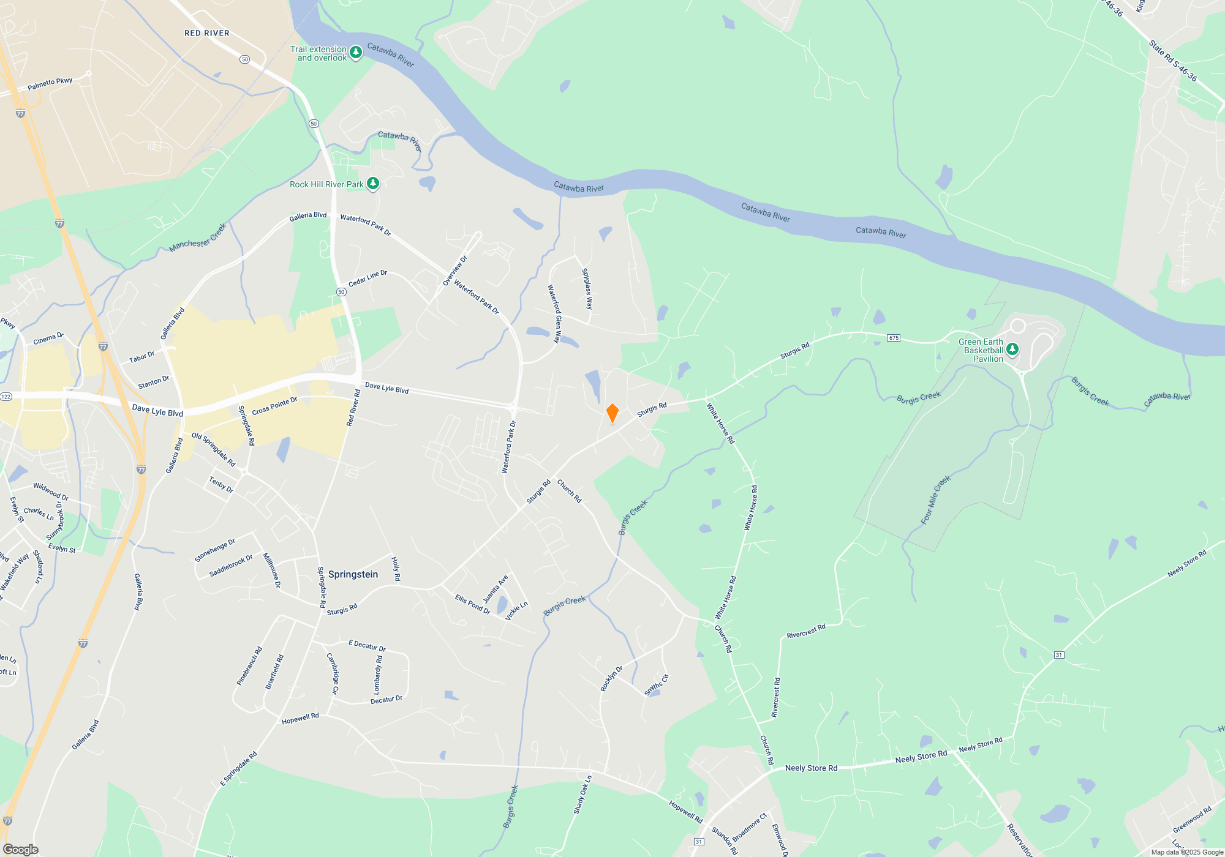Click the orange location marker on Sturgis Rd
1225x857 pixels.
[x=612, y=413]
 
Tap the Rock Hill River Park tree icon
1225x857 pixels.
[x=372, y=184]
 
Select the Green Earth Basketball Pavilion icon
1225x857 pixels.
[x=1012, y=350]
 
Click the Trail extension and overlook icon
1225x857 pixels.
[x=355, y=53]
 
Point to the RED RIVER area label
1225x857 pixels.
[x=207, y=33]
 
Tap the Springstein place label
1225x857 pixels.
[x=353, y=574]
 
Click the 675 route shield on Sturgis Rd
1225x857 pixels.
[x=894, y=338]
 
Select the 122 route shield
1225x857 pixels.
[x=6, y=396]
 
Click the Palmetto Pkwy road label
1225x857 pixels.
[x=50, y=84]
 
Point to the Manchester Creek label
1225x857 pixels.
[x=198, y=238]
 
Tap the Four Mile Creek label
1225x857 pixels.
[x=935, y=500]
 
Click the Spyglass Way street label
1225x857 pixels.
[x=587, y=289]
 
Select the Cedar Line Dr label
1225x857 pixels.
[x=367, y=279]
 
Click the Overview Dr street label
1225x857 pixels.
[x=455, y=271]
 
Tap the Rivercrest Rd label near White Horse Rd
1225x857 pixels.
[x=806, y=631]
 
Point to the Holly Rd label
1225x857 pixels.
[x=396, y=569]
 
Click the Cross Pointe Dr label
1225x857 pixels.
[x=274, y=406]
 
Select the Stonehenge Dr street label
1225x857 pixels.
[x=215, y=550]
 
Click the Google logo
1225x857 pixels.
[x=21, y=850]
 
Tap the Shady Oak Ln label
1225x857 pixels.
[x=582, y=795]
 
